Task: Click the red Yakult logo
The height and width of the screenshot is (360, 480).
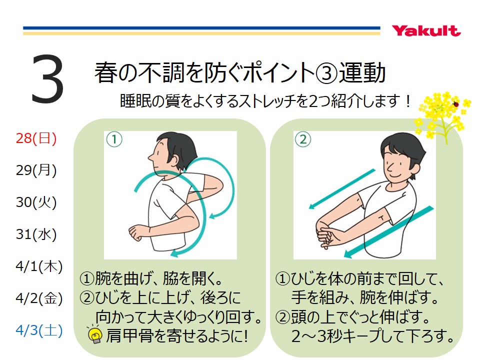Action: [426, 31]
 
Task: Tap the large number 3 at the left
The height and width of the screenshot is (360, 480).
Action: [47, 78]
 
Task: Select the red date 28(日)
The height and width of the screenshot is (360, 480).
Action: [36, 138]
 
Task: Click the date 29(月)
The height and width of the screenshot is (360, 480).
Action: [36, 170]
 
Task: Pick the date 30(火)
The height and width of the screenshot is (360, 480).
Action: [36, 202]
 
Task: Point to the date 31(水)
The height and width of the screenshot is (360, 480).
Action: [36, 234]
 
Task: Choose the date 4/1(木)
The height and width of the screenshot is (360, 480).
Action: [39, 266]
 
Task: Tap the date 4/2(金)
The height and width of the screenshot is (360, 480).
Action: [39, 298]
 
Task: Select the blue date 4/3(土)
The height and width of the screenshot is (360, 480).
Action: [39, 330]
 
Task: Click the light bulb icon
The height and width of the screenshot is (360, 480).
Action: [94, 334]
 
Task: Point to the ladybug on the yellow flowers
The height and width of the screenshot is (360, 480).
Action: [456, 104]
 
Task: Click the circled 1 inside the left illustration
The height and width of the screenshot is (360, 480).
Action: [114, 139]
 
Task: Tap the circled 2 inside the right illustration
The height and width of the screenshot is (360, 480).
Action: [303, 139]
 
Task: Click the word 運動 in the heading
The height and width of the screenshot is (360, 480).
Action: [362, 73]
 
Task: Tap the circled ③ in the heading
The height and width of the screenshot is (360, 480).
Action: [326, 73]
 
